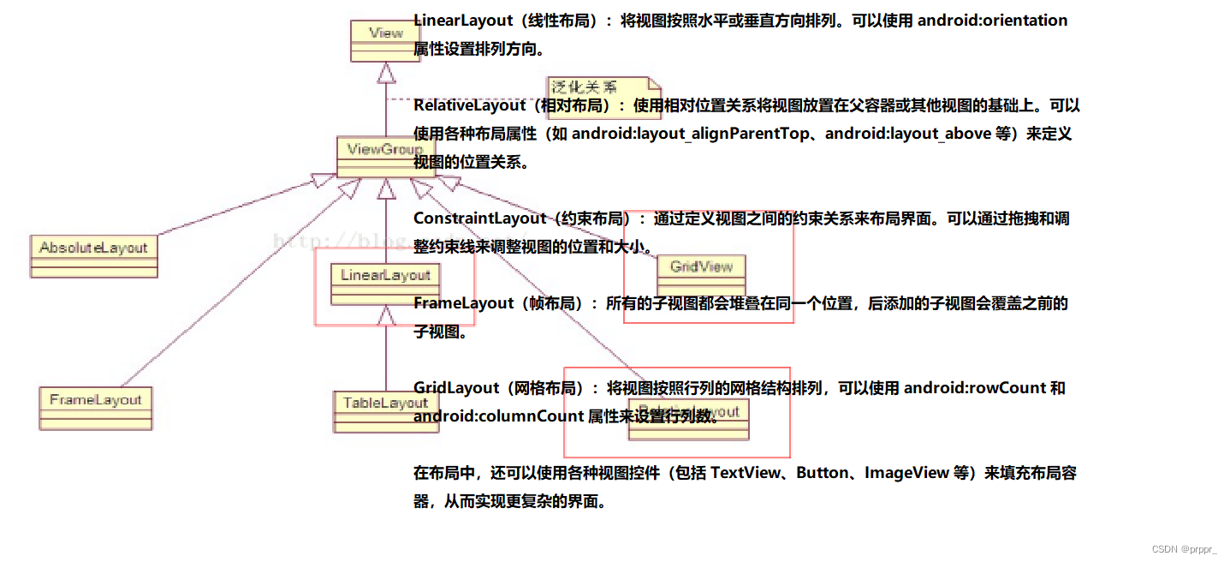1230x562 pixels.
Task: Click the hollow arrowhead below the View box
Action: pos(386,74)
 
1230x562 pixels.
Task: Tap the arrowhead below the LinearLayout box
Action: pos(386,316)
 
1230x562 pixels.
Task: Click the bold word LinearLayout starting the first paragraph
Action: pos(462,21)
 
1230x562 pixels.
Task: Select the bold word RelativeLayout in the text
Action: pos(469,105)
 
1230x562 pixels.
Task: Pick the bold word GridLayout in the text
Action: pos(456,388)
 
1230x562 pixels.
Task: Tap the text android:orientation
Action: pos(992,21)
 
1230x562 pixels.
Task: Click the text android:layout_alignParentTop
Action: pos(690,134)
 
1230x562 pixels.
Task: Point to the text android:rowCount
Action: pos(975,388)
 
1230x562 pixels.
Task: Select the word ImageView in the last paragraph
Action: pos(906,473)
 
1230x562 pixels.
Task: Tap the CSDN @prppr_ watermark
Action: pos(1184,549)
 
